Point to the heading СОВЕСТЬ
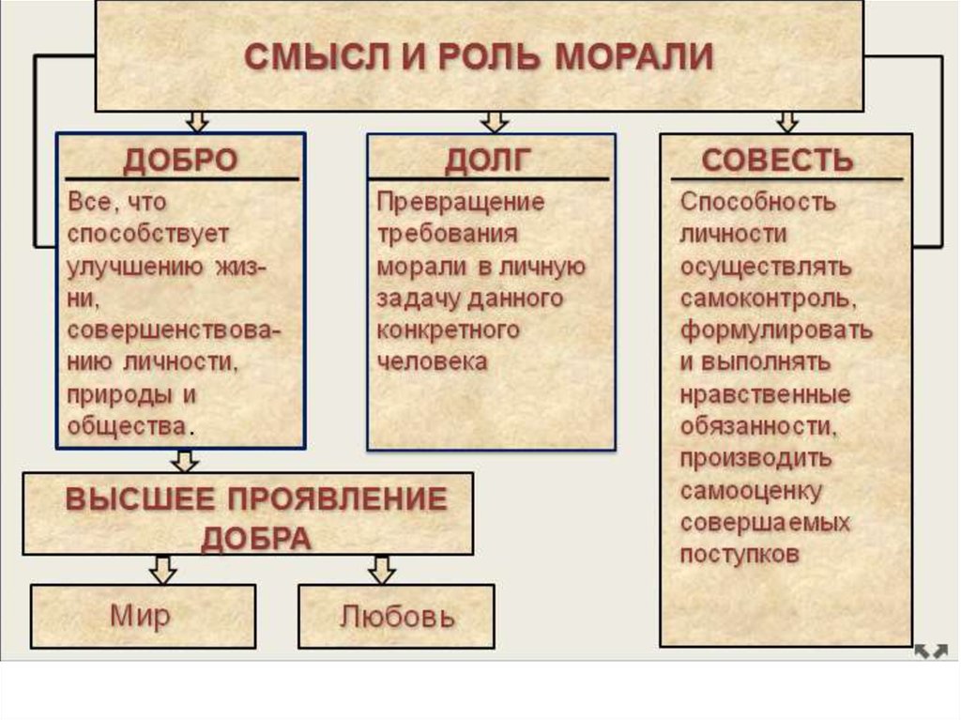777,160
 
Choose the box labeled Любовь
397,617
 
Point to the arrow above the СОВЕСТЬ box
787,121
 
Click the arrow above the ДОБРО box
197,121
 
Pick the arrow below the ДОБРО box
185,460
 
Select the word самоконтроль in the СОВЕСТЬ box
767,299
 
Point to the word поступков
740,554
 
